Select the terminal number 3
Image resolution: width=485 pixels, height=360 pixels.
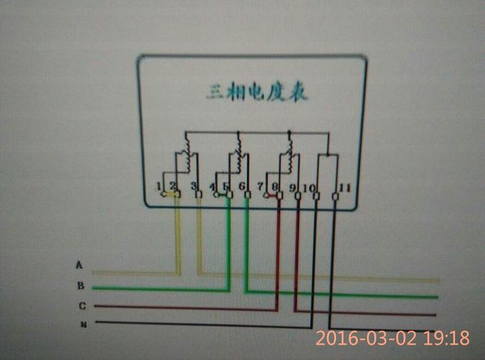click(194, 187)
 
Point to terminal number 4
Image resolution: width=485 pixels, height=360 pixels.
click(212, 187)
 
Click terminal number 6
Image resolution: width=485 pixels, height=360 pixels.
click(242, 187)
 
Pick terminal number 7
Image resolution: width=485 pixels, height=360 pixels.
click(260, 187)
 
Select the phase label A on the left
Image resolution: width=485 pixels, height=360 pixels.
click(79, 264)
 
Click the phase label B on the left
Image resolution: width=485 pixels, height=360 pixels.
click(81, 285)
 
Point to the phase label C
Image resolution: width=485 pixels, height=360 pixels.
click(82, 306)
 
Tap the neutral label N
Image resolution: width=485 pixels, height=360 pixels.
click(83, 324)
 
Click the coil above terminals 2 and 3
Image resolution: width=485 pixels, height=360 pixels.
click(186, 160)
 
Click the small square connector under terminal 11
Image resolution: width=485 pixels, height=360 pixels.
click(335, 196)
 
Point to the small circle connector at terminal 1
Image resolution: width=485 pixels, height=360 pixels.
click(163, 194)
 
